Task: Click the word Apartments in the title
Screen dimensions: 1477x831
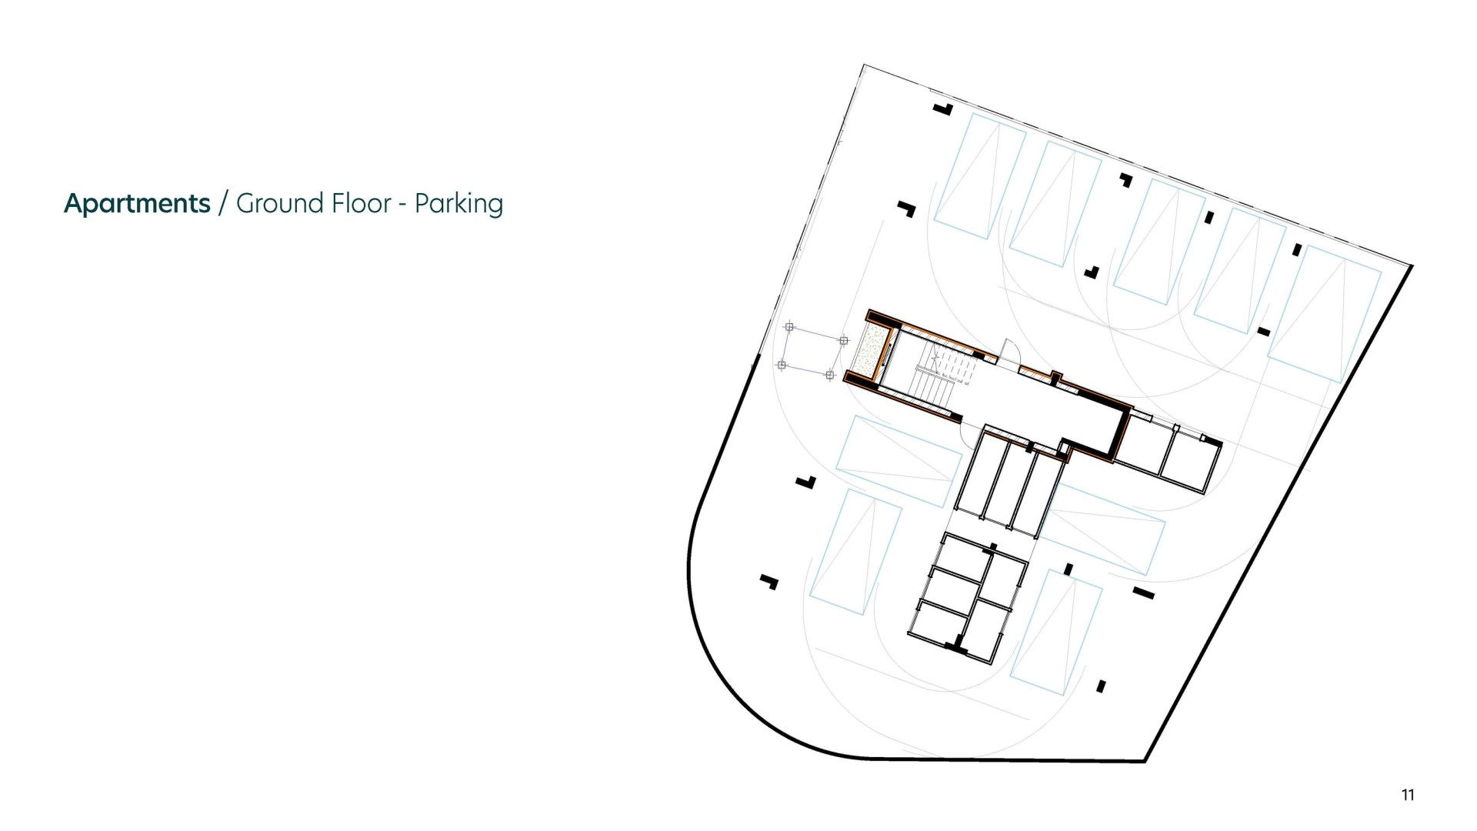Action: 137,204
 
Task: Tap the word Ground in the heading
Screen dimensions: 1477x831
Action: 280,203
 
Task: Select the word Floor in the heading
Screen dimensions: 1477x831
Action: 362,203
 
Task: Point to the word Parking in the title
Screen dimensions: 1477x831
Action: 458,205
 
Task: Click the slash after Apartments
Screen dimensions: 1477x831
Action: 223,204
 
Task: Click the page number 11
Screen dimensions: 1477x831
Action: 1408,795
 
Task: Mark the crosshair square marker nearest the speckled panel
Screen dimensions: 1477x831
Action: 844,340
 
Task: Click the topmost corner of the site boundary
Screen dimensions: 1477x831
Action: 864,65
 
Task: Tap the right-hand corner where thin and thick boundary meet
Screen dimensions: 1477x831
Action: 1412,265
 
